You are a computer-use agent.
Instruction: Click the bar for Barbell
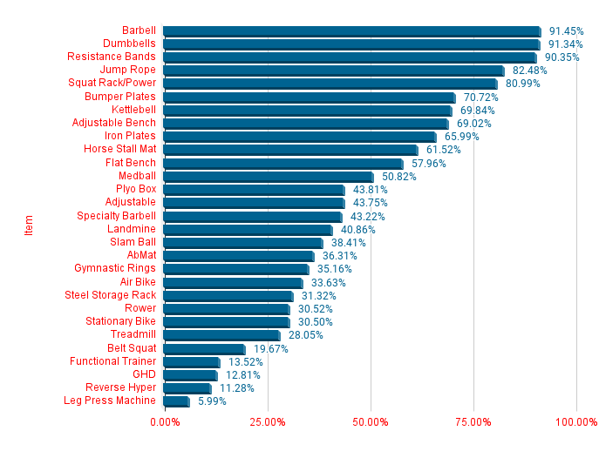[x=351, y=31]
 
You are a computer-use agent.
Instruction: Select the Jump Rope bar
[x=333, y=71]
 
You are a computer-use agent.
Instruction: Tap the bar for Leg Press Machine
[x=176, y=401]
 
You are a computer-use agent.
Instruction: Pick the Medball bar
[x=268, y=177]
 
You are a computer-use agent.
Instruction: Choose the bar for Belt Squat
[x=204, y=348]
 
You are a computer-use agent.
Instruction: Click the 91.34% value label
[x=566, y=44]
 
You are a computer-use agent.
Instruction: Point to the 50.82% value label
[x=399, y=177]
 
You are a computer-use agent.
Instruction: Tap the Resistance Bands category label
[x=112, y=57]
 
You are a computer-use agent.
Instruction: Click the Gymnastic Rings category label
[x=115, y=269]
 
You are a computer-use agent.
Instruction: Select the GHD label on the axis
[x=144, y=374]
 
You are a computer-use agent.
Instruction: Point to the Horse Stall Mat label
[x=119, y=150]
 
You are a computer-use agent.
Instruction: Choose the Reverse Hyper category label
[x=121, y=387]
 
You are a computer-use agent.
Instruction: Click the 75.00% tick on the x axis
[x=473, y=422]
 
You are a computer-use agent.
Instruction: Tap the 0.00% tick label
[x=165, y=422]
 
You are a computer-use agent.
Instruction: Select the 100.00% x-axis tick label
[x=576, y=422]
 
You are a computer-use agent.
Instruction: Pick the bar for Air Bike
[x=233, y=282]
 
